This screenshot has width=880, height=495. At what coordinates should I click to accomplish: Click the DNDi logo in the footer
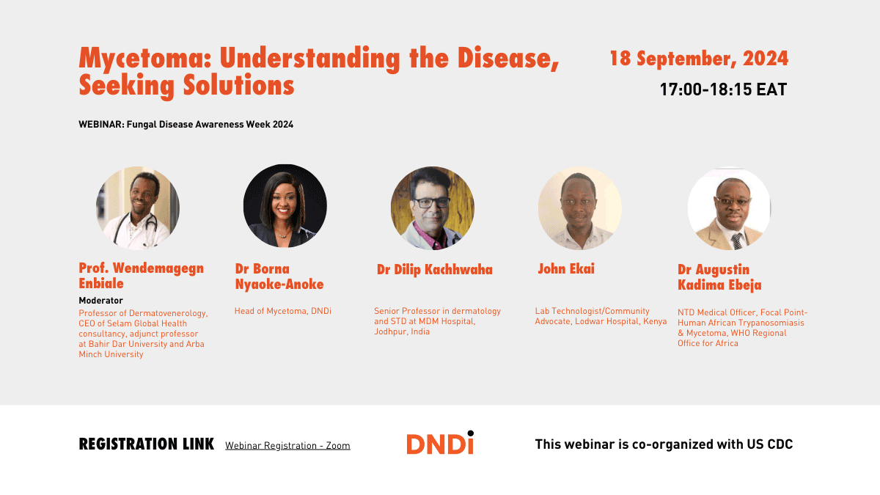(440, 442)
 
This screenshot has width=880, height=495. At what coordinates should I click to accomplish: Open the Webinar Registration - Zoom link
(287, 446)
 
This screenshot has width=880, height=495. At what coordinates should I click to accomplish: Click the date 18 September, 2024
(699, 59)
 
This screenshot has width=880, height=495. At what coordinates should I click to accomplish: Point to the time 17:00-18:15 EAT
(723, 89)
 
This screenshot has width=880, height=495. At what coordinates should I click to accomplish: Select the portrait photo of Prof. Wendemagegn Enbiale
(138, 208)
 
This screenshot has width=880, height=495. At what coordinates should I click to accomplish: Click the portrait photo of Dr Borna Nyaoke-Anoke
(285, 206)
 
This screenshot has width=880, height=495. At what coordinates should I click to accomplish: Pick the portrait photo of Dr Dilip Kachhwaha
(433, 208)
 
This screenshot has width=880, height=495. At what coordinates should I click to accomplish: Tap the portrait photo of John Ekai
(580, 208)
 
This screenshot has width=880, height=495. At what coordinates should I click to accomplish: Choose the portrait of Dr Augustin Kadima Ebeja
(729, 209)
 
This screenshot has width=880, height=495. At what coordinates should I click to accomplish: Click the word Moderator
(101, 301)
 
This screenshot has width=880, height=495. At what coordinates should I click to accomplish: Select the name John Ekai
(566, 268)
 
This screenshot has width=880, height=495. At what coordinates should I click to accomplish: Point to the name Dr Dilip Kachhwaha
(434, 270)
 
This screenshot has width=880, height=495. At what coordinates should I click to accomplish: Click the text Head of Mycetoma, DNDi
(283, 311)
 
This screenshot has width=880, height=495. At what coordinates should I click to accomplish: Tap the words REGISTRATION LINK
(147, 444)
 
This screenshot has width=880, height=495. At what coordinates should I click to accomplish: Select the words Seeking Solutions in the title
(186, 86)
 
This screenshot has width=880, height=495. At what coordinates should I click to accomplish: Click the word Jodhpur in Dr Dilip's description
(391, 331)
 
